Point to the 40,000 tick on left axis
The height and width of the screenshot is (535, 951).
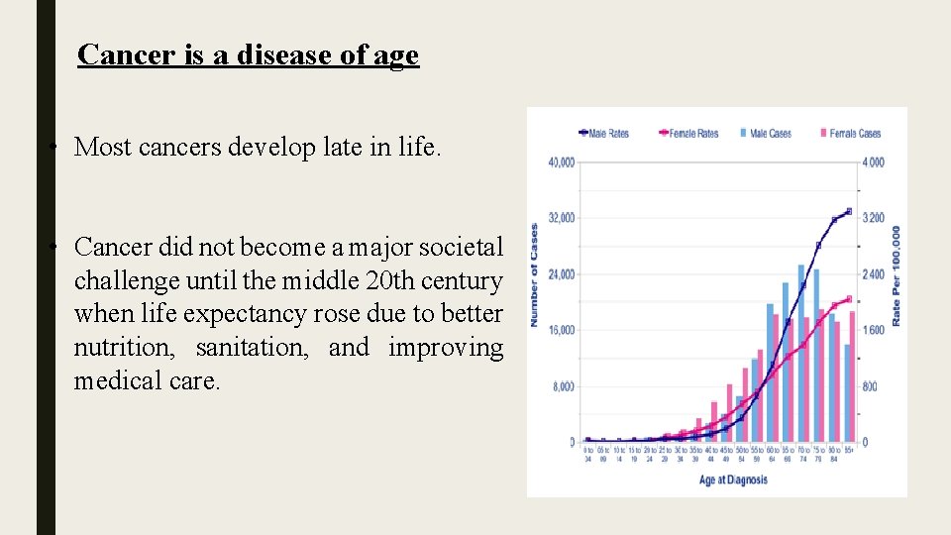pos(562,162)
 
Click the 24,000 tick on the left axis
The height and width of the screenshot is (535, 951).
pos(562,274)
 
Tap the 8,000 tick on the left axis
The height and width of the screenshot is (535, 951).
pos(564,386)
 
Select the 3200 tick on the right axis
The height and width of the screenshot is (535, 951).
pos(873,218)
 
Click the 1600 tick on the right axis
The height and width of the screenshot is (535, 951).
pos(873,330)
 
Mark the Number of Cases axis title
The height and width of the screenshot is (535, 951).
pos(534,275)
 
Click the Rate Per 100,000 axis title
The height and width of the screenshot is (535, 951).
pos(897,275)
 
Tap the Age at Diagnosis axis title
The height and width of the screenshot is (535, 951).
pos(733,481)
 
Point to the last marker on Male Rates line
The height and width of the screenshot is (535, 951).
pos(849,211)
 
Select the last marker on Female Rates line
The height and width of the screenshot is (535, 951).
pos(849,298)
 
